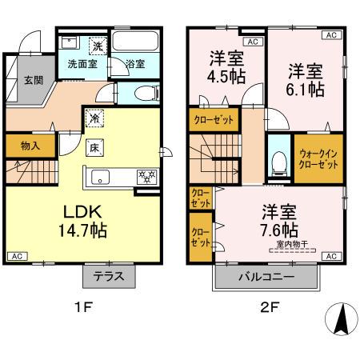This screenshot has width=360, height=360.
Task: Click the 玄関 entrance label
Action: pos(33,80)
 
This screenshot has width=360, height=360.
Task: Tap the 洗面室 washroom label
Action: pos(82,65)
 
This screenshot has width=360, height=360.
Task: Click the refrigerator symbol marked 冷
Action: pos(94,117)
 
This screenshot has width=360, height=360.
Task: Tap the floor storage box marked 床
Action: pos(94,147)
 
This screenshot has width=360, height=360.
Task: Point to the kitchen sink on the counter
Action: pos(102,177)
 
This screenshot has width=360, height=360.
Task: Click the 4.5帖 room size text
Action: pos(227,78)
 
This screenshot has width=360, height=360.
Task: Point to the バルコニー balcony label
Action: pos(267,278)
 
